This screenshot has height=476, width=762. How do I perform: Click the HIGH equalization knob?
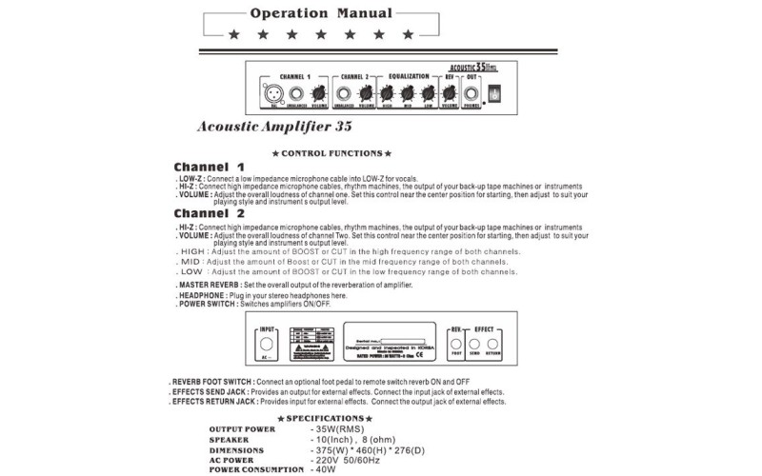click(x=389, y=93)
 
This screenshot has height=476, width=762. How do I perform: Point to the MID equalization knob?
click(x=409, y=93)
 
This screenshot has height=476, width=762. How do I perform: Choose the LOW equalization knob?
click(x=429, y=93)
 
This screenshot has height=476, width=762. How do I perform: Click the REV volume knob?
click(x=450, y=93)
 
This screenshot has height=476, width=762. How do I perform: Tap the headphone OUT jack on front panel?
click(x=471, y=93)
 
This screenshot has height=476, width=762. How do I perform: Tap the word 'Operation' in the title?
click(x=289, y=14)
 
